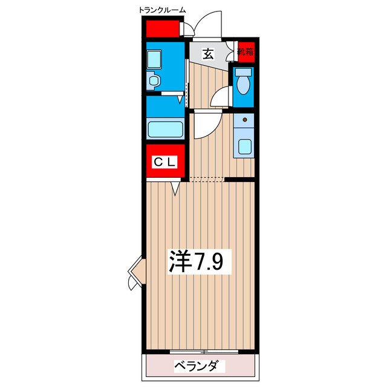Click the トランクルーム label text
point(162,10)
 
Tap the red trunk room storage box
point(163,29)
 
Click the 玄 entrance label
point(207,54)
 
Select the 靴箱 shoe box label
point(245,52)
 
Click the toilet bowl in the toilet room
point(244,85)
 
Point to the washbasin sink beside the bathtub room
point(153,80)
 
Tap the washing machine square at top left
point(154,59)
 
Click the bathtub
point(165,129)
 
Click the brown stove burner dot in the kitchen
point(244,120)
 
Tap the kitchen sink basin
point(244,146)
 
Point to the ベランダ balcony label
point(200,366)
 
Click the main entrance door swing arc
point(204,24)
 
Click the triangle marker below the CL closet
point(175,189)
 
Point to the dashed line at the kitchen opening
point(207,180)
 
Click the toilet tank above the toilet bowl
point(244,71)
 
